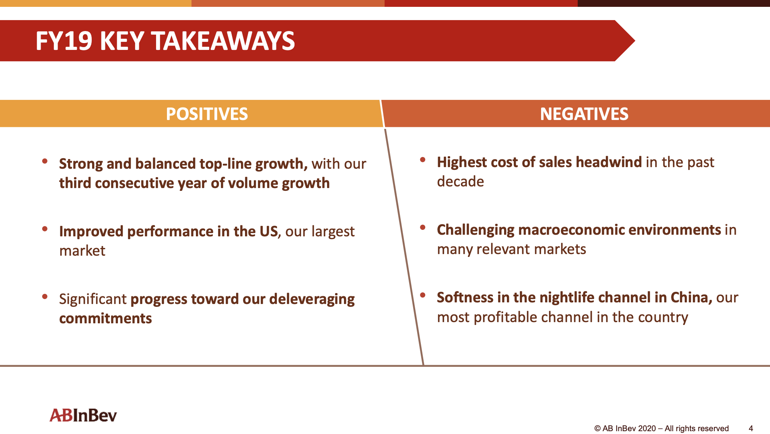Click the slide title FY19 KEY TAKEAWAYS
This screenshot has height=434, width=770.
(x=165, y=41)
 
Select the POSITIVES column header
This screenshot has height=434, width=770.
(x=207, y=114)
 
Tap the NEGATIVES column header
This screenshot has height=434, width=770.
(x=584, y=114)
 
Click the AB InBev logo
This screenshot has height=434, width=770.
(x=83, y=415)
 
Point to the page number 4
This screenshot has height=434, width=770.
(x=751, y=428)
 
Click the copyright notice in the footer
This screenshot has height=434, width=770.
(x=661, y=428)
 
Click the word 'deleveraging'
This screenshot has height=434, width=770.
(x=312, y=300)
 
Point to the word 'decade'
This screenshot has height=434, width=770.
(x=460, y=182)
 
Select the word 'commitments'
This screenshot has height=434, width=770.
(x=105, y=318)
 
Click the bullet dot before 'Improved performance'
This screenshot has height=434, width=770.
(x=45, y=229)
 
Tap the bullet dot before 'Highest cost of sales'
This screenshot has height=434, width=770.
(x=422, y=160)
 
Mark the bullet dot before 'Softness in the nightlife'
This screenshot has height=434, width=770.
(x=422, y=295)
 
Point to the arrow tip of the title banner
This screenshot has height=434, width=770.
(x=635, y=41)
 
